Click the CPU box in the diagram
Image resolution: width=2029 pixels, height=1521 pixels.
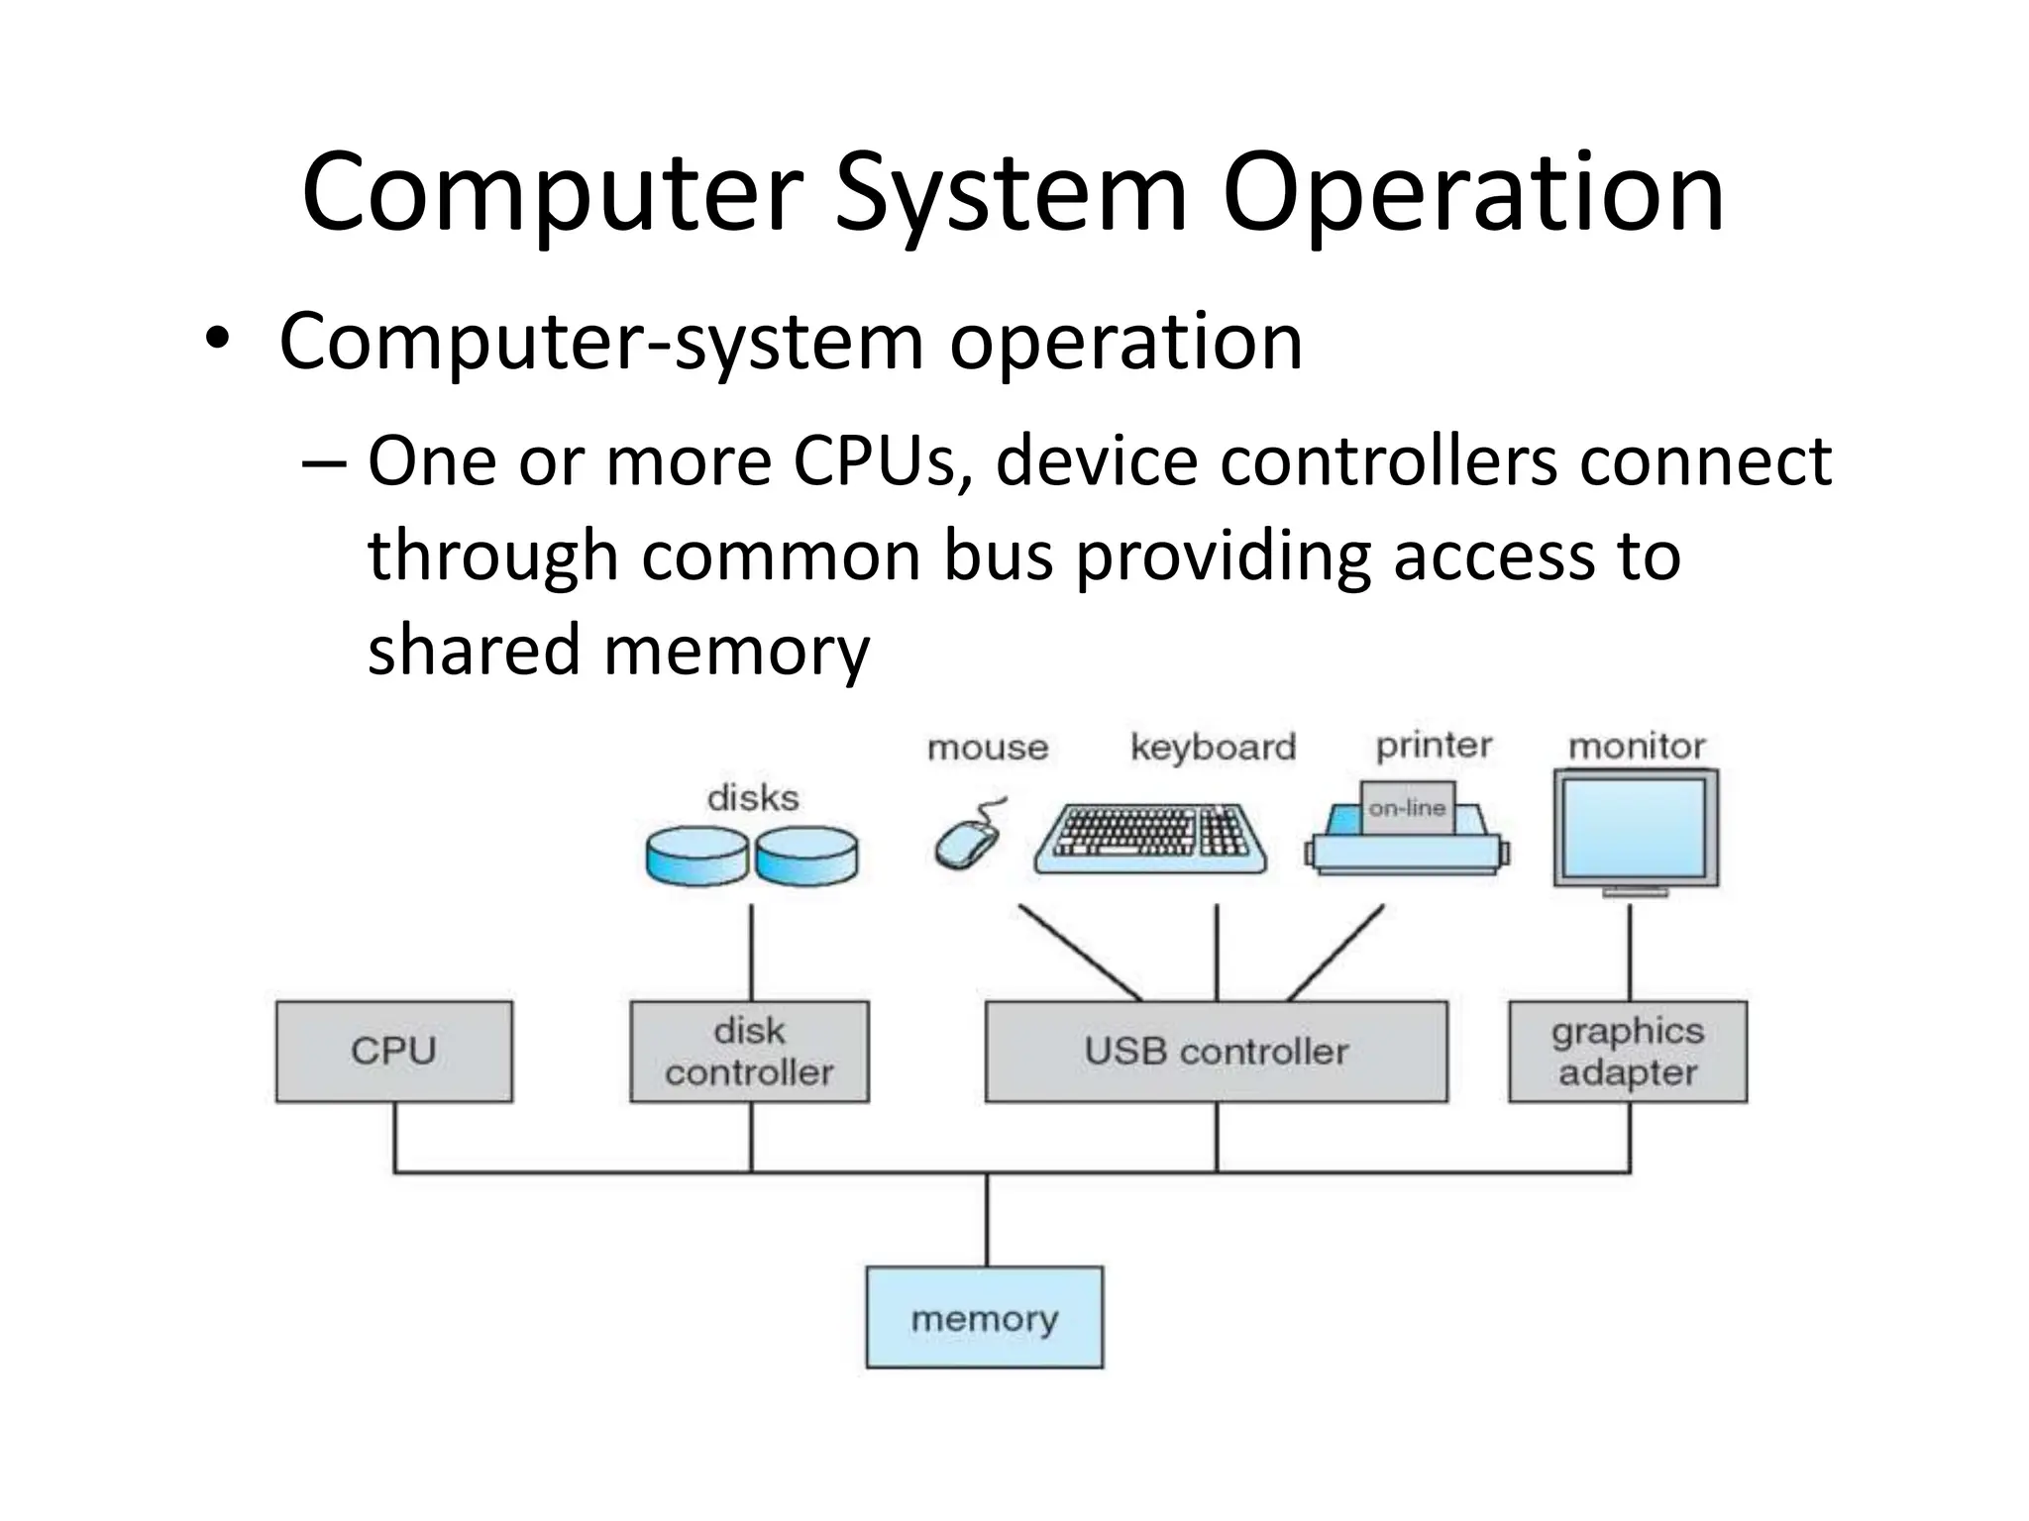coord(393,1051)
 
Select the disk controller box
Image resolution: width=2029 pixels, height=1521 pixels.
coord(749,1051)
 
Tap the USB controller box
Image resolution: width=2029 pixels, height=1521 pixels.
coord(1216,1051)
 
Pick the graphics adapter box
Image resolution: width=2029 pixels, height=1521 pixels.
coord(1627,1051)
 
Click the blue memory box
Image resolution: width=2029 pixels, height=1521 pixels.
coord(984,1317)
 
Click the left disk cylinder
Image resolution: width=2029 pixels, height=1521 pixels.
coord(696,857)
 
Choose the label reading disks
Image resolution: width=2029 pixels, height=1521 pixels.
coord(753,798)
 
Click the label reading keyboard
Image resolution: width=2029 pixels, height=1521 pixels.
coord(1213,747)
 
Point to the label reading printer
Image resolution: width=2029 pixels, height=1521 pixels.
coord(1434,745)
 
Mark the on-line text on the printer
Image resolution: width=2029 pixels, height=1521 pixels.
coord(1407,808)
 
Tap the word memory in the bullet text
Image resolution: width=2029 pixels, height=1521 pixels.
coord(736,651)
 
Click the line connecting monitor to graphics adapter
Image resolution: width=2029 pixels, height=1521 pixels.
coord(1630,951)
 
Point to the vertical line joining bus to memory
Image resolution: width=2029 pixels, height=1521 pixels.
coord(987,1220)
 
